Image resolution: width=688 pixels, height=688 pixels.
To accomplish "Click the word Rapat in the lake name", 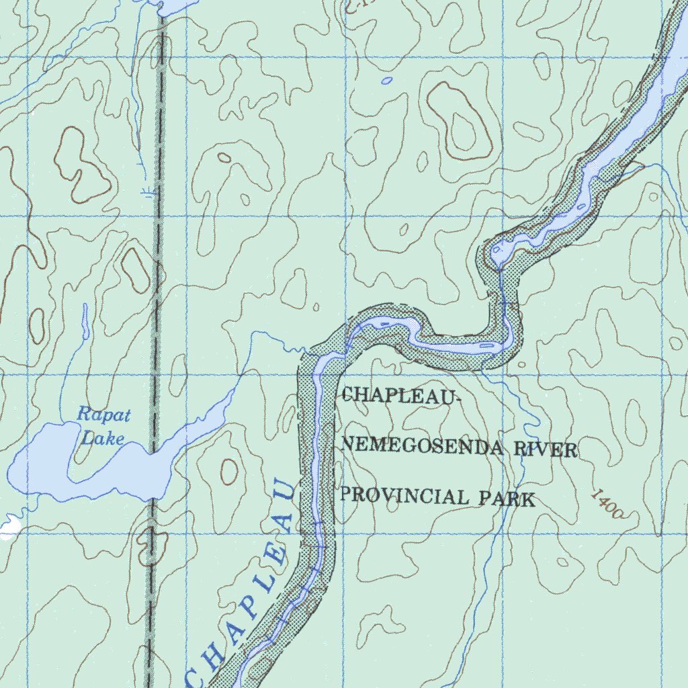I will pos(103,415).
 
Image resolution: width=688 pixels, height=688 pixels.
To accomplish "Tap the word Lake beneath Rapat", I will pos(109,439).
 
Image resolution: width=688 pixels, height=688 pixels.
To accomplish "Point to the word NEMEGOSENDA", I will pos(423,445).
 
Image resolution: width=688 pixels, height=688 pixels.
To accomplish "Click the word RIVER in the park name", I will pos(546,449).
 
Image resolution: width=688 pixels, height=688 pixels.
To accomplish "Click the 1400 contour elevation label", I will pos(608,504).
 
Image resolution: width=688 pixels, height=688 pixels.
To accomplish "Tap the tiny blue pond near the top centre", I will pos(386,81).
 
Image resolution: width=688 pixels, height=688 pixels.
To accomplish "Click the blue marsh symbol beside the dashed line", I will pos(147,193).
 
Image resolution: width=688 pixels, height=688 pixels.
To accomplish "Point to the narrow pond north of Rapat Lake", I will pos(85,321).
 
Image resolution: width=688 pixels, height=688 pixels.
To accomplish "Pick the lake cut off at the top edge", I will pos(175,5).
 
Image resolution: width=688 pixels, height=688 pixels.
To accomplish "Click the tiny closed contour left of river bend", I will pos(316,308).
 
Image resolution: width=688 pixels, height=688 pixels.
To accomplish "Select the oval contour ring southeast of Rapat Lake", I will pos(229,471).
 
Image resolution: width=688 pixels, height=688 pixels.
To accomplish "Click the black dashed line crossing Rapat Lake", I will pos(155,464).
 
